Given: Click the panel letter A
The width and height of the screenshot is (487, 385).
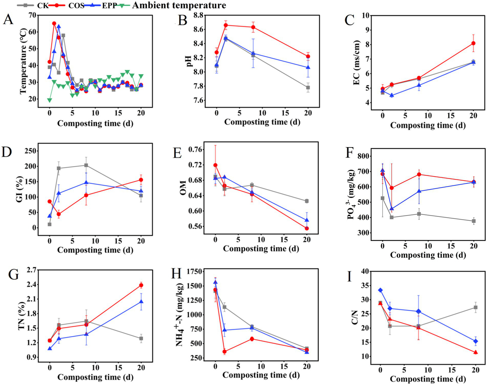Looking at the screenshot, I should pyautogui.click(x=8, y=20).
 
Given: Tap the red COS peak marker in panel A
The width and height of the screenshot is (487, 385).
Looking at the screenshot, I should pyautogui.click(x=54, y=23).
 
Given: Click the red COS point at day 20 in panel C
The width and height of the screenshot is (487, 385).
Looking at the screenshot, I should pyautogui.click(x=473, y=43).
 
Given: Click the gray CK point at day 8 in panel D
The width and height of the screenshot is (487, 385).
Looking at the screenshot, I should pyautogui.click(x=86, y=165).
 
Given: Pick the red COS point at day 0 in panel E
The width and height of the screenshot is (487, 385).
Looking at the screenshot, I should pyautogui.click(x=215, y=165).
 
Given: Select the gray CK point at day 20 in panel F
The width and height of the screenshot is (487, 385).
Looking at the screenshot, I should pyautogui.click(x=474, y=221).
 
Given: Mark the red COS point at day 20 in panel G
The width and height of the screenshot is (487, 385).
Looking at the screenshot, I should pyautogui.click(x=141, y=285).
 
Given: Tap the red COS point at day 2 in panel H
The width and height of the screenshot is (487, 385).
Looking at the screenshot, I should pyautogui.click(x=225, y=352).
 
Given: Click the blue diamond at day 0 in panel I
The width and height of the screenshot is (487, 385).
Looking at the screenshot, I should pyautogui.click(x=380, y=290).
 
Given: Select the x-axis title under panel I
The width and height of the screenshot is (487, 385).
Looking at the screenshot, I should pyautogui.click(x=428, y=379).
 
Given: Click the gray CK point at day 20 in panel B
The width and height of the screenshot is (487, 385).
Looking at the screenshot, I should pyautogui.click(x=308, y=88).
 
